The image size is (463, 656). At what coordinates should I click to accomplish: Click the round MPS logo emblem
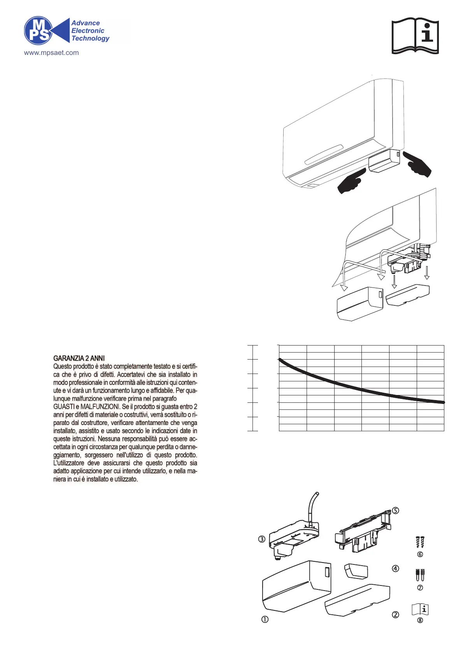click(38, 30)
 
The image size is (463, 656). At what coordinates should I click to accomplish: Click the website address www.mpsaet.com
click(51, 53)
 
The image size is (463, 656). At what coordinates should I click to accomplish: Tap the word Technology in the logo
click(90, 38)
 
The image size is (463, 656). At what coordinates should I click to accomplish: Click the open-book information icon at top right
click(415, 35)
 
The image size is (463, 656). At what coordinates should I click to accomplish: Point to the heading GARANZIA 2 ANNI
click(79, 358)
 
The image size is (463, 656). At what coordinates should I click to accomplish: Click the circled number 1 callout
click(265, 619)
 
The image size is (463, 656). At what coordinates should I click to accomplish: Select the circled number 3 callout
click(262, 539)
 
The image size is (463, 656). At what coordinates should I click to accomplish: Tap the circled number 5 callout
click(396, 510)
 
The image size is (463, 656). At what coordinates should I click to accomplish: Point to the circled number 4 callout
click(395, 569)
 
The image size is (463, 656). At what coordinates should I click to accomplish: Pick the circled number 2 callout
click(395, 615)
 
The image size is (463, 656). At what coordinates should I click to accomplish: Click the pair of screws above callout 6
click(420, 542)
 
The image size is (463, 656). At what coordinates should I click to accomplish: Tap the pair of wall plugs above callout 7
click(420, 575)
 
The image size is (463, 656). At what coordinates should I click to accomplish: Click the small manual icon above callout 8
click(420, 608)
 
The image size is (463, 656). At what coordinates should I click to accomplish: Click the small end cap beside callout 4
click(356, 571)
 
